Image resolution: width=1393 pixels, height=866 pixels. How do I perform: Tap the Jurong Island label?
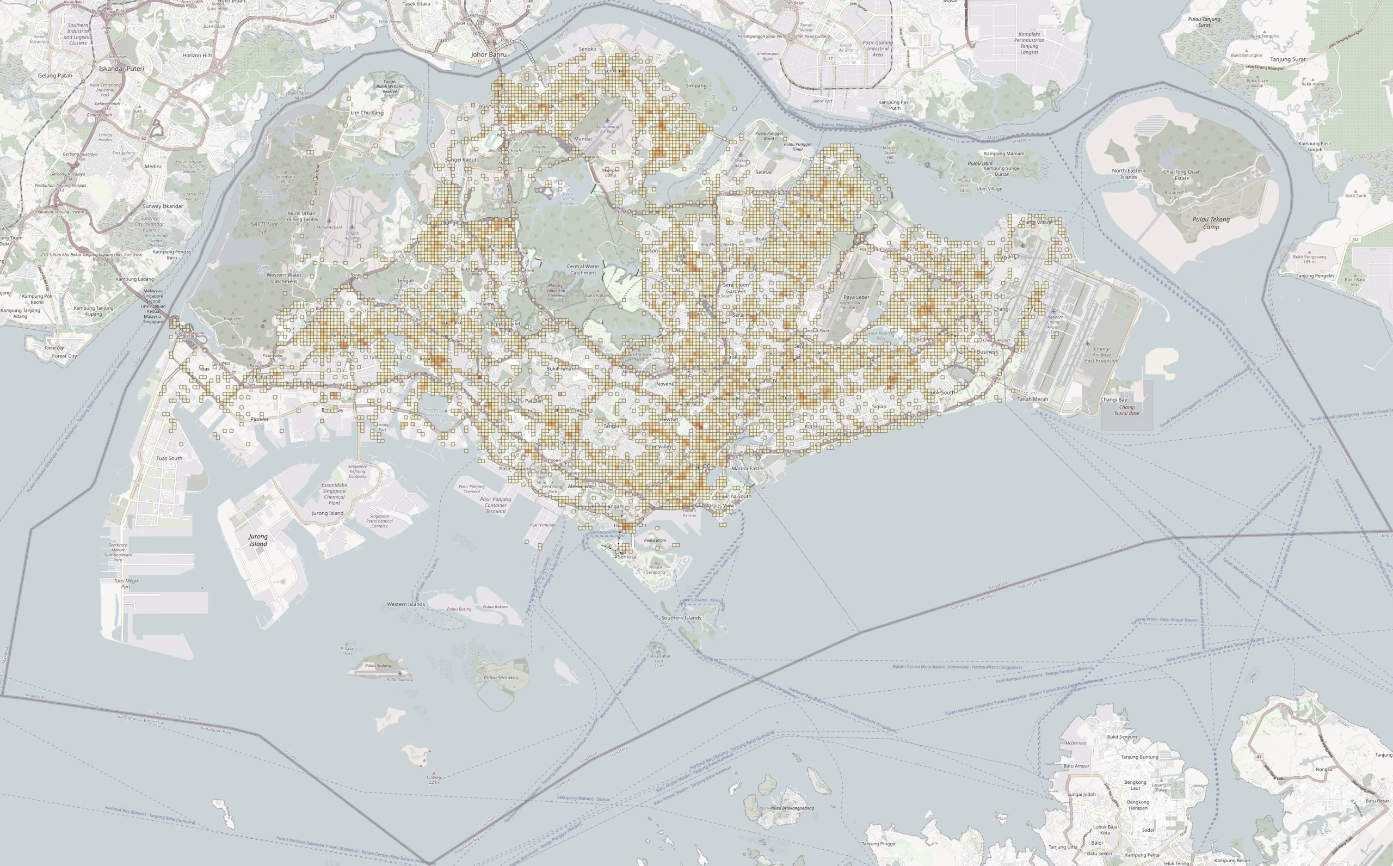click(258, 540)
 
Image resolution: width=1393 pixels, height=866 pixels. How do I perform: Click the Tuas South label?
click(169, 458)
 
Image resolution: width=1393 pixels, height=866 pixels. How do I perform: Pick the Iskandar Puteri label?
click(121, 68)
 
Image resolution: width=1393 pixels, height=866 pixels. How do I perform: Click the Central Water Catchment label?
click(583, 269)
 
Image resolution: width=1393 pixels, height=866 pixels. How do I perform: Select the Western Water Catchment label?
click(284, 278)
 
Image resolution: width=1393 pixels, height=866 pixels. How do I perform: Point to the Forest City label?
click(64, 355)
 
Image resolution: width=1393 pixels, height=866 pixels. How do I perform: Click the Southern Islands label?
click(681, 618)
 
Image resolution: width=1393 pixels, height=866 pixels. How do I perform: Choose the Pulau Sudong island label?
click(378, 666)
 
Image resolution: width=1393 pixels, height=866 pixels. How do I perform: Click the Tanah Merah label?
click(1032, 399)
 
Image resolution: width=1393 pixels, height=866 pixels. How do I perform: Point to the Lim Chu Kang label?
click(367, 113)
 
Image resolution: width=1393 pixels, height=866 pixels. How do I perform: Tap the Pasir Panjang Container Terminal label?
click(495, 505)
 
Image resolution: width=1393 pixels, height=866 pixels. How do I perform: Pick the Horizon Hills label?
click(198, 56)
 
